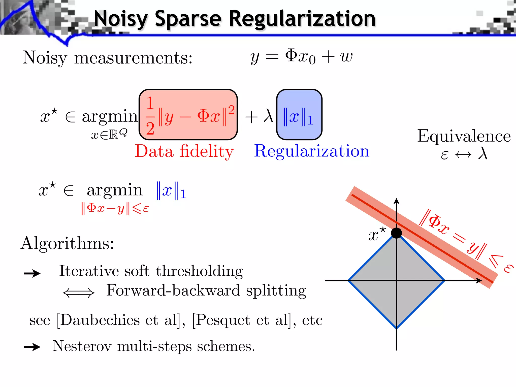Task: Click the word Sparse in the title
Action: pyautogui.click(x=188, y=19)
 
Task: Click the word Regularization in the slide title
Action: pyautogui.click(x=302, y=19)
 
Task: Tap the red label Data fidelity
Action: pyautogui.click(x=184, y=151)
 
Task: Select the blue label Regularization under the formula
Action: pyautogui.click(x=311, y=151)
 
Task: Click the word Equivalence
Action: pyautogui.click(x=464, y=136)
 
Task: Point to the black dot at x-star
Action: pyautogui.click(x=396, y=233)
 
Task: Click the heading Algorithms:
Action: pyautogui.click(x=67, y=243)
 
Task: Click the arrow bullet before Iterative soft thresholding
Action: pyautogui.click(x=32, y=273)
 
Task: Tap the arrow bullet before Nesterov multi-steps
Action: pyautogui.click(x=32, y=347)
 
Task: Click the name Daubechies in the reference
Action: pyautogui.click(x=100, y=320)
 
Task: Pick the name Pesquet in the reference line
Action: pyautogui.click(x=223, y=320)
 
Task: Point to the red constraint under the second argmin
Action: pyautogui.click(x=115, y=209)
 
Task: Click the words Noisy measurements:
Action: pyautogui.click(x=108, y=58)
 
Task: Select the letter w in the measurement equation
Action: pyautogui.click(x=346, y=57)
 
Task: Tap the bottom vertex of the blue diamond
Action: pyautogui.click(x=396, y=328)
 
